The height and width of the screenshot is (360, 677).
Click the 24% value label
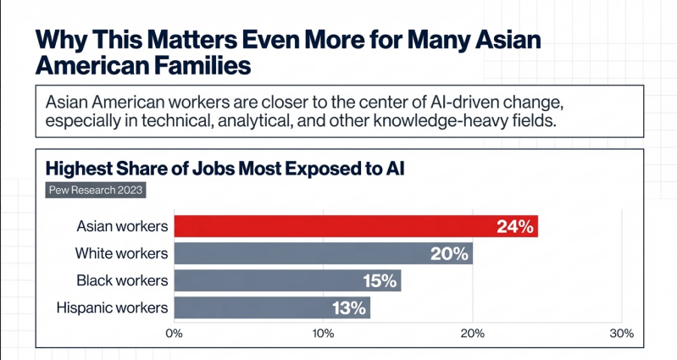point(514,226)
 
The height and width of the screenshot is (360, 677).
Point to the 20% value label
point(449,253)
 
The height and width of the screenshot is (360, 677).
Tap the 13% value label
point(347,307)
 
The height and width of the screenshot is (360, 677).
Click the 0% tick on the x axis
point(175,334)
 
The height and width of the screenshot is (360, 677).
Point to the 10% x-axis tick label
point(323,334)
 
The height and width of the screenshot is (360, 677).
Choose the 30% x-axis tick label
point(621,334)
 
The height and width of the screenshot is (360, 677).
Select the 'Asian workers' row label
point(122,226)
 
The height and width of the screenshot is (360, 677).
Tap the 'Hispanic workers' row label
point(111,307)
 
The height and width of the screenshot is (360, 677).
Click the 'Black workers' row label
point(122,280)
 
